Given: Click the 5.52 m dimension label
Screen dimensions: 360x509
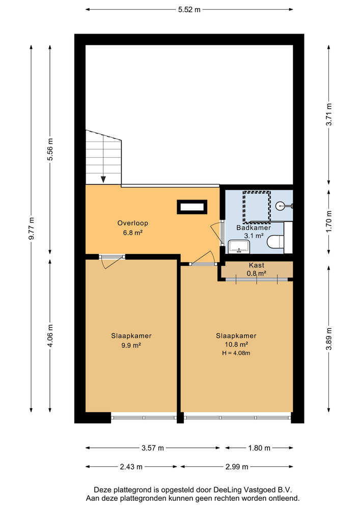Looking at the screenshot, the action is [x=189, y=10].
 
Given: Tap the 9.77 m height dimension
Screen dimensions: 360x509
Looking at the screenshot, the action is [x=31, y=229].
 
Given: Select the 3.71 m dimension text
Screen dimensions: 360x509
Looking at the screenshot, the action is [x=329, y=114].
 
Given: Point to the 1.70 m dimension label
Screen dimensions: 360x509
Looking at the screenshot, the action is [x=329, y=221].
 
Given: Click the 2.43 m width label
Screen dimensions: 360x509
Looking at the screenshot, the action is [x=131, y=467].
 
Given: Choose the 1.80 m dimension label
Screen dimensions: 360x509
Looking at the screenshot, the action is [x=259, y=448].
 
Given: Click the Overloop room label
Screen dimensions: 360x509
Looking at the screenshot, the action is [x=133, y=223].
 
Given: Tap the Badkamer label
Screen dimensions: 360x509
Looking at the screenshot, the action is [x=254, y=228].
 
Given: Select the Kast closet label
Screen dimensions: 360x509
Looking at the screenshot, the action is [x=257, y=266].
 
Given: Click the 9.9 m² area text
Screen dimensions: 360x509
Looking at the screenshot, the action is [x=131, y=345].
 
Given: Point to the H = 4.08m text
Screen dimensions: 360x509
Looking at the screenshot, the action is [x=236, y=353].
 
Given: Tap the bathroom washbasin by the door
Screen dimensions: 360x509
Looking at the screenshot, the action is [x=239, y=246].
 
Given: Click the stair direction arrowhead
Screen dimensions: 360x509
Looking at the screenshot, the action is [x=103, y=180].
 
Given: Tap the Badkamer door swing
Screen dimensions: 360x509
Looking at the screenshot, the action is [x=217, y=233].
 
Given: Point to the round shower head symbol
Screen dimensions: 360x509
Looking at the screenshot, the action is [x=281, y=206].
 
